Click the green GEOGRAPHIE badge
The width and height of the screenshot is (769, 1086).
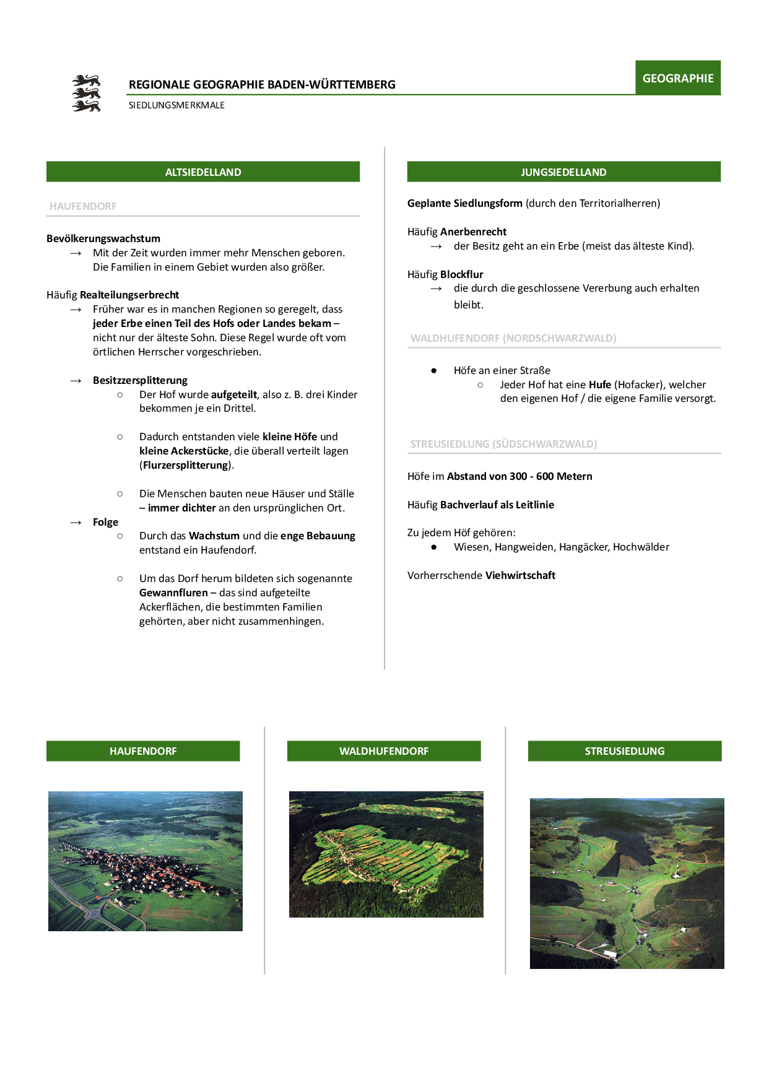[678, 78]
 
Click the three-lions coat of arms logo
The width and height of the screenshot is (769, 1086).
[86, 93]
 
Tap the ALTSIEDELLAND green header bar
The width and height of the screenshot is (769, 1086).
[203, 172]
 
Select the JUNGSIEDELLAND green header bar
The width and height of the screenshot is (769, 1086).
[563, 172]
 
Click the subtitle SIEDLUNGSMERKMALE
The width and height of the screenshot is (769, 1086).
[176, 105]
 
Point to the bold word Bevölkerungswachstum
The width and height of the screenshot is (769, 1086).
[103, 238]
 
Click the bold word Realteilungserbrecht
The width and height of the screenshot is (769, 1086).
[129, 295]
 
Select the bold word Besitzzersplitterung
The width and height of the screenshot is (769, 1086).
[140, 380]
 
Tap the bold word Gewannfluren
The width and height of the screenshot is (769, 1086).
[173, 593]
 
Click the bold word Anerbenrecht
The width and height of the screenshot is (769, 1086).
[473, 232]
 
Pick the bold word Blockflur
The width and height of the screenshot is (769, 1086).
[461, 274]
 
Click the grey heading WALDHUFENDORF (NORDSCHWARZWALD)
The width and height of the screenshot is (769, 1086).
[513, 338]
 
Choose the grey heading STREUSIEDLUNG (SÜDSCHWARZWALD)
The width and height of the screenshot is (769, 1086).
[503, 444]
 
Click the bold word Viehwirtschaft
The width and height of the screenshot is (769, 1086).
[520, 575]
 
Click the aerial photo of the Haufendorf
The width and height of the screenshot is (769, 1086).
[146, 861]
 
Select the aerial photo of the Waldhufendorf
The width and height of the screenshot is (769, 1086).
[386, 854]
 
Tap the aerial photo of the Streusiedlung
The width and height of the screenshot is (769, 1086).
[627, 883]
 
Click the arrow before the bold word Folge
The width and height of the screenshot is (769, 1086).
[76, 523]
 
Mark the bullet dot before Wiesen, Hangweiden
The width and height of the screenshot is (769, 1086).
[434, 547]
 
